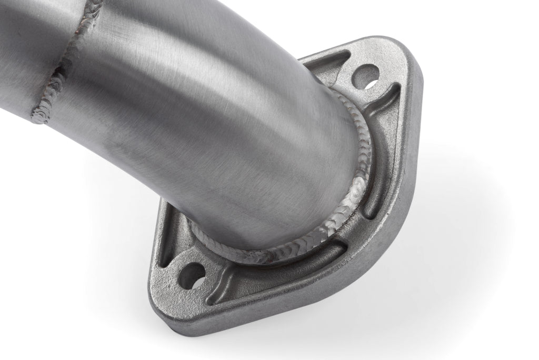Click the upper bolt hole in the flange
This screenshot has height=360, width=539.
(365, 76)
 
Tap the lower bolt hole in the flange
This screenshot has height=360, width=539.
(193, 275)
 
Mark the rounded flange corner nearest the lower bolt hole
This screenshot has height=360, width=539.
(158, 295)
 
